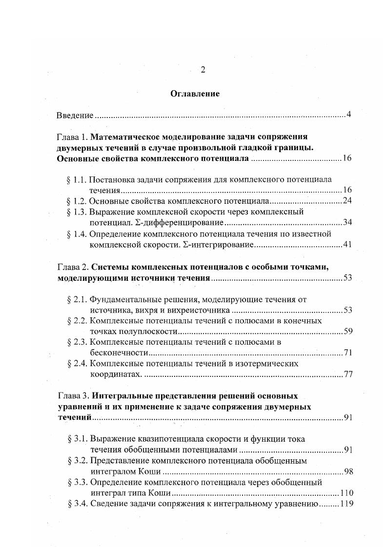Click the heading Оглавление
[x=195, y=94]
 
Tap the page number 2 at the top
[x=203, y=69]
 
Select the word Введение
[x=75, y=116]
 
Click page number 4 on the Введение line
[x=348, y=115]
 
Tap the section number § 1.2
[x=77, y=201]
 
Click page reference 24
[x=346, y=201]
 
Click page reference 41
[x=347, y=245]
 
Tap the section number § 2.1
[x=77, y=299]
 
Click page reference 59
[x=346, y=332]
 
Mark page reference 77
[x=346, y=374]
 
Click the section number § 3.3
[x=77, y=483]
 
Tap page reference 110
[x=345, y=493]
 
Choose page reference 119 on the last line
[x=345, y=504]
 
